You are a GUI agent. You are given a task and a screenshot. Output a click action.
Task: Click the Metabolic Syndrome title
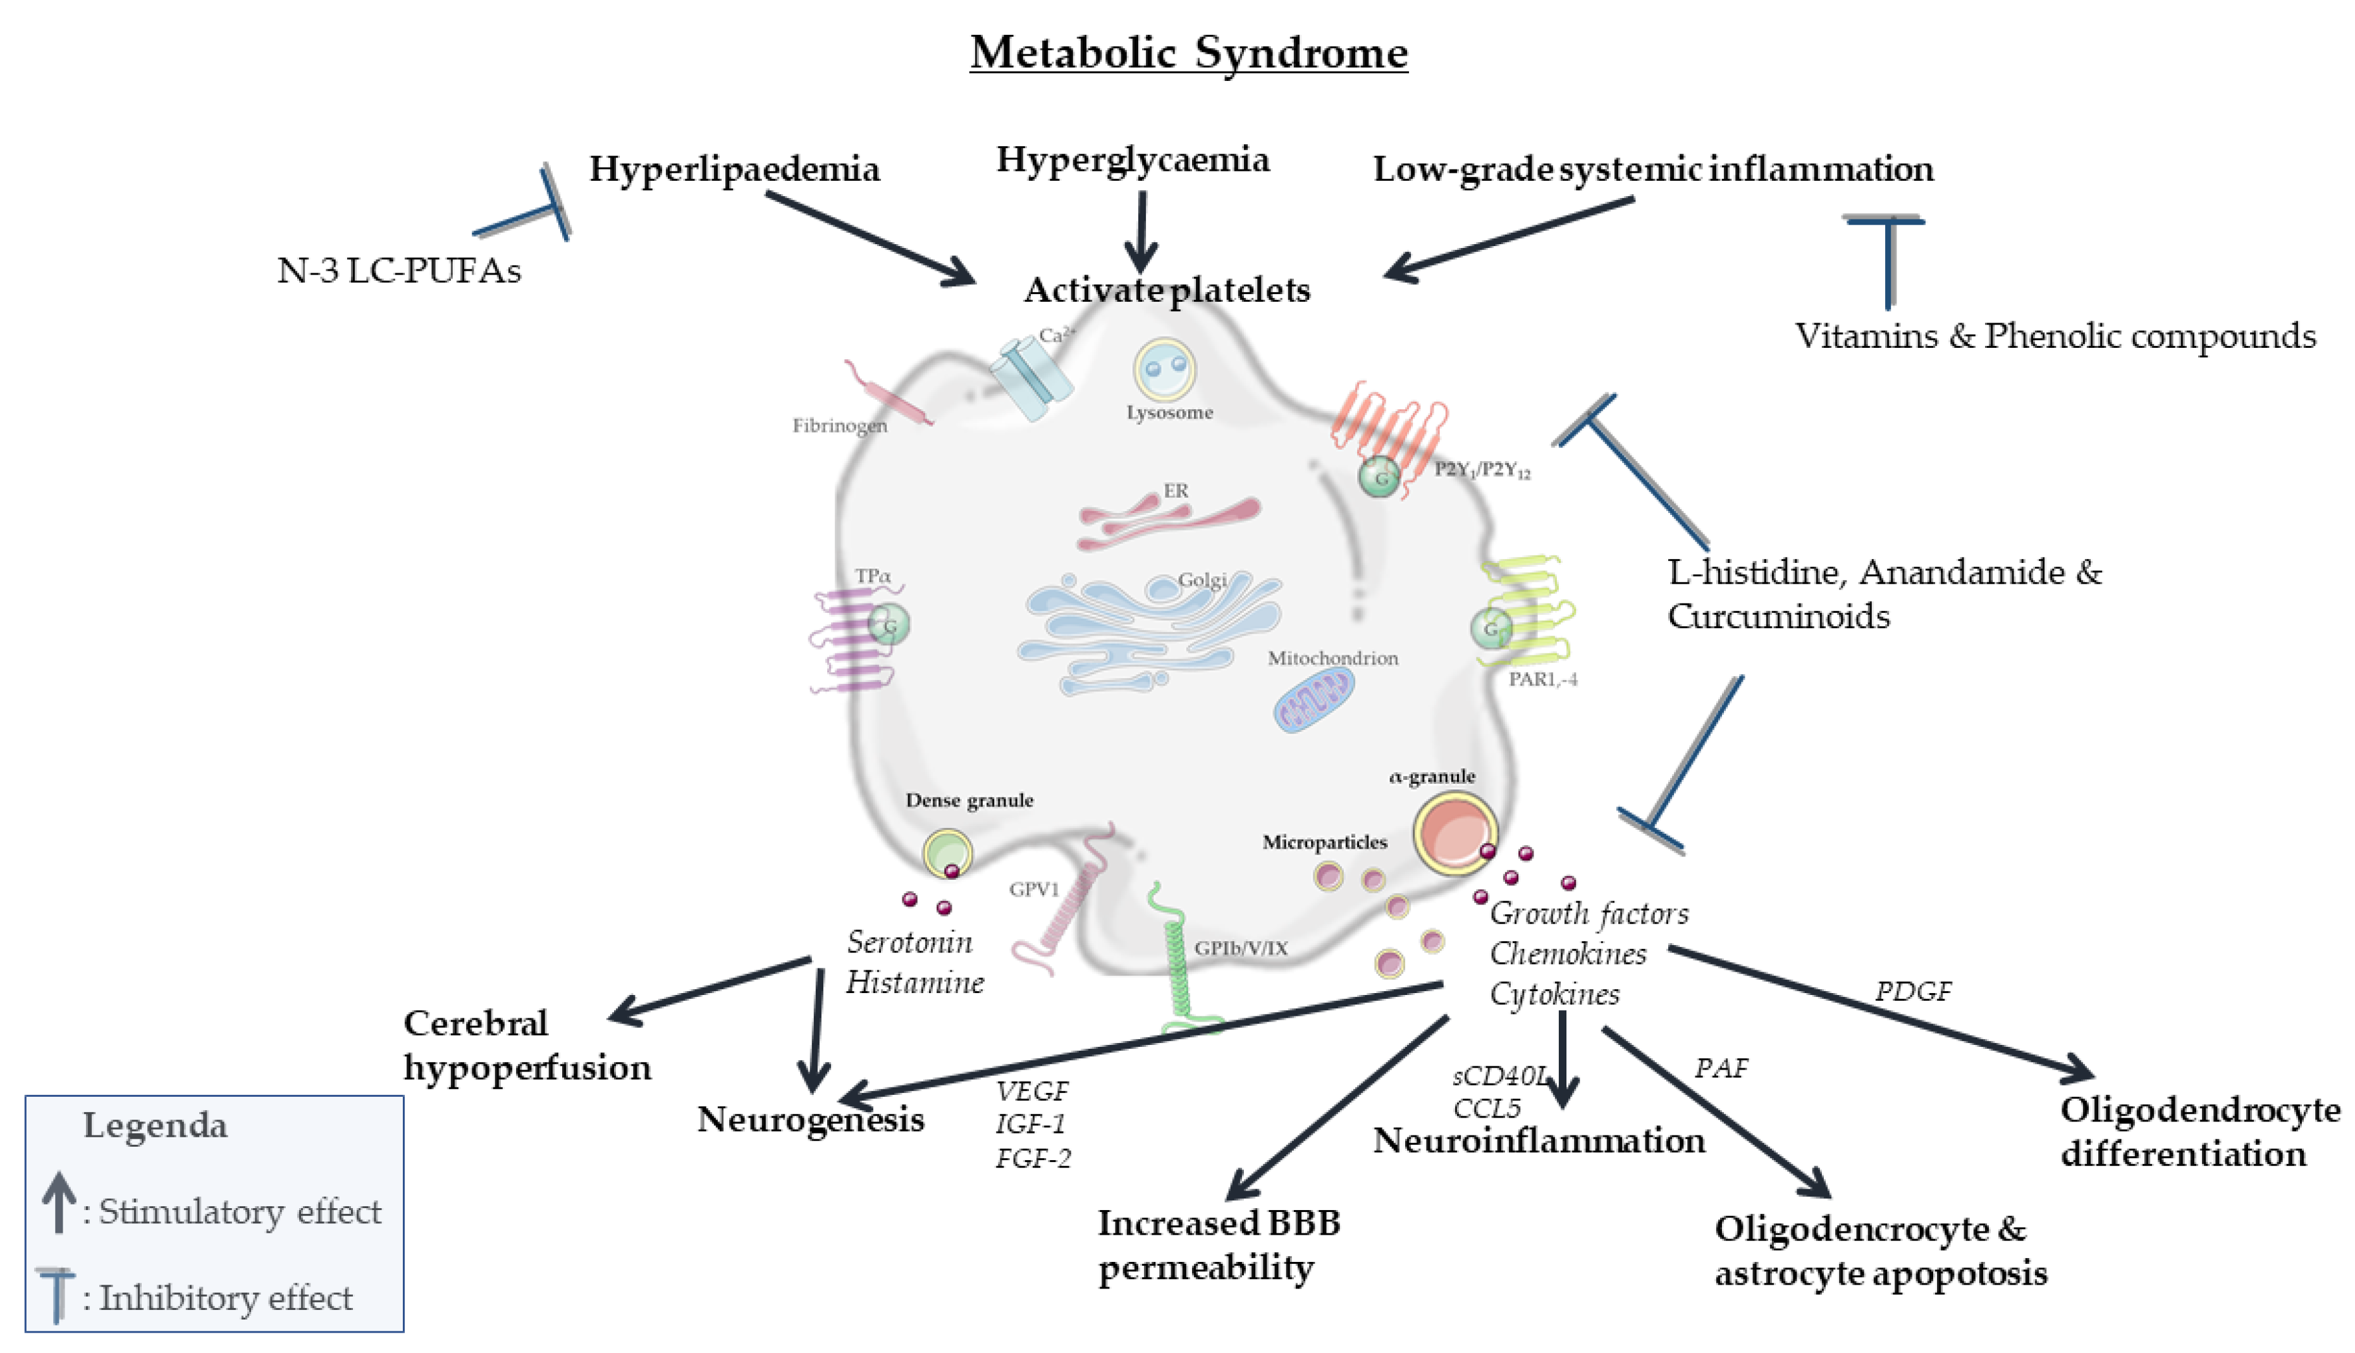[1188, 52]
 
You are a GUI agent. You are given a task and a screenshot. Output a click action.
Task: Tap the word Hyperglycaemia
[1133, 160]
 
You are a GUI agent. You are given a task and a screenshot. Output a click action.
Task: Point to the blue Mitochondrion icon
[1312, 701]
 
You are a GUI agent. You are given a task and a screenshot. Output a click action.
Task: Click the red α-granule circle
[1455, 832]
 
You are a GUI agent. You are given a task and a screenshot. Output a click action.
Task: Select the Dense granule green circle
[947, 852]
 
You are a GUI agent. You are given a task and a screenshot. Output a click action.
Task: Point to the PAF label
[1721, 1068]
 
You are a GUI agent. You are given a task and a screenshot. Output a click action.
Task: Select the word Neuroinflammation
[1539, 1141]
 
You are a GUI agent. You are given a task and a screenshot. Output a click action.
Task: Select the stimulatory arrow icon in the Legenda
[59, 1201]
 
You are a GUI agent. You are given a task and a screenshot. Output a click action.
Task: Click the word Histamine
[914, 983]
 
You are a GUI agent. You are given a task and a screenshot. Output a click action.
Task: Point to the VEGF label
[1031, 1091]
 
